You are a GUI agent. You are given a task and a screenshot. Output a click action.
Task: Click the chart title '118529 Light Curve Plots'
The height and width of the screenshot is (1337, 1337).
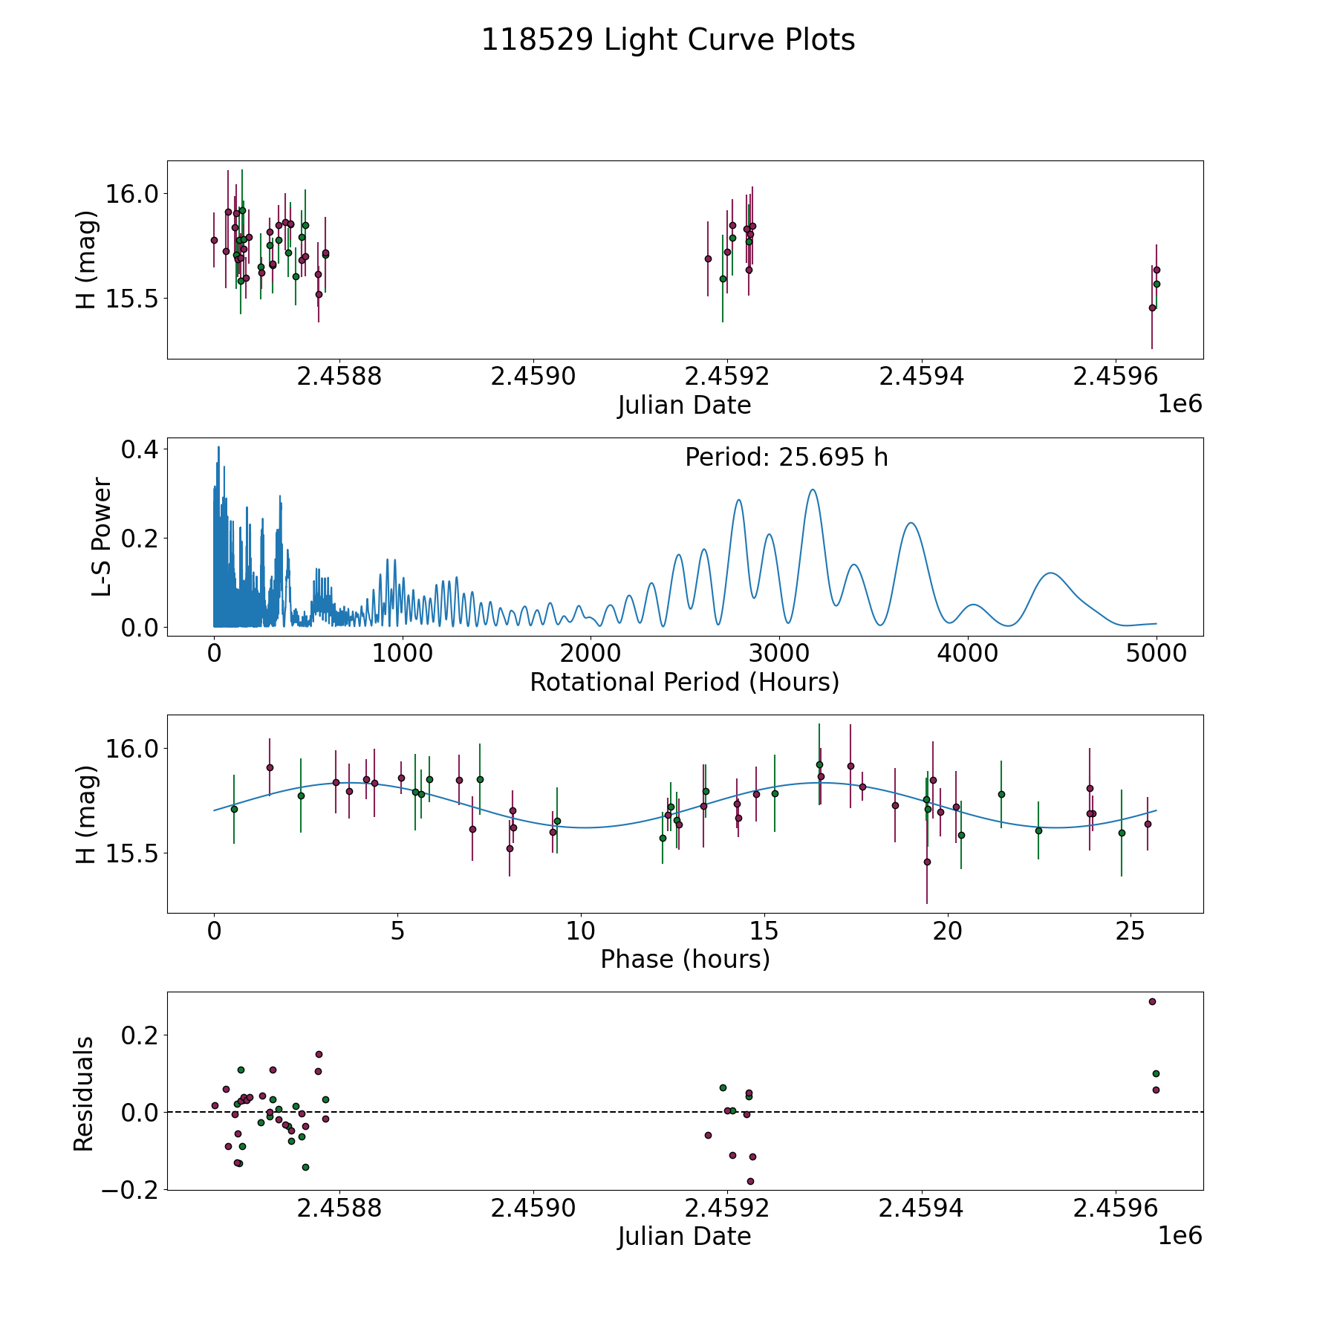[668, 40]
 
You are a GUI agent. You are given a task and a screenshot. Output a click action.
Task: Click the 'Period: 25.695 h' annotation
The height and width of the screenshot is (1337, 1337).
[786, 458]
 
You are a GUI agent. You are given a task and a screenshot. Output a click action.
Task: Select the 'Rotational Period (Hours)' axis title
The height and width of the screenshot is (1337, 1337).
[684, 682]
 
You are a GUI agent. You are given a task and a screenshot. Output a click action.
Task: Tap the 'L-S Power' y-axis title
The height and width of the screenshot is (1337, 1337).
[102, 537]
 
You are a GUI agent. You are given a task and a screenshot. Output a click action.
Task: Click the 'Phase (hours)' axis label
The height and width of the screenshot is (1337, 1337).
[685, 959]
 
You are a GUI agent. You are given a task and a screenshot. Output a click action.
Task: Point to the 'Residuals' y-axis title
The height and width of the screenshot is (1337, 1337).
[84, 1093]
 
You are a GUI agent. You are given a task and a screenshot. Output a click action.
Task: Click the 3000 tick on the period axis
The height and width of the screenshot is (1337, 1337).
[779, 654]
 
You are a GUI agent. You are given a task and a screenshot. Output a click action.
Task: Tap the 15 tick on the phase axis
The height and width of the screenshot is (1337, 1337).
[764, 931]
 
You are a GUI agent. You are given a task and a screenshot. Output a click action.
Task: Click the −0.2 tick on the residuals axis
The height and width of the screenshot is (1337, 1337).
[128, 1189]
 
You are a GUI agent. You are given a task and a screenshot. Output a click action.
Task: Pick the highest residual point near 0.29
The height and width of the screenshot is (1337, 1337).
[1152, 1001]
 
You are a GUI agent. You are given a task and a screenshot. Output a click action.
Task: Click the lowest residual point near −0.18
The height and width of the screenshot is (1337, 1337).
[750, 1181]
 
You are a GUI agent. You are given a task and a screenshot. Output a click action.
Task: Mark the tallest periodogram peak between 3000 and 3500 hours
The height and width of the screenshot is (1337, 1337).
[813, 489]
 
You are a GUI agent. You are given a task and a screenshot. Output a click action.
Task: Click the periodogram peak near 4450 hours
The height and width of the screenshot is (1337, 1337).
[1050, 573]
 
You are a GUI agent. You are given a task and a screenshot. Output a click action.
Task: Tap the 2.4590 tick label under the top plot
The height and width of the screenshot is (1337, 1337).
[533, 377]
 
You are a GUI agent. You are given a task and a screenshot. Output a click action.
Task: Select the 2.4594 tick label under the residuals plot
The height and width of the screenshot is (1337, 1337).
[921, 1208]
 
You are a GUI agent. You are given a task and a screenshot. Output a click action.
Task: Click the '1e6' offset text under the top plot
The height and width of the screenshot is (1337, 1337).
[1180, 404]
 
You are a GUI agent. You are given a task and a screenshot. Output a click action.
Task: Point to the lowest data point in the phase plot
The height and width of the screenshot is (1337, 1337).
[927, 862]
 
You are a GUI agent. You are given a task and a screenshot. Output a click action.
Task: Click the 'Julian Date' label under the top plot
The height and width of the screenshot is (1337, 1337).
[684, 406]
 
